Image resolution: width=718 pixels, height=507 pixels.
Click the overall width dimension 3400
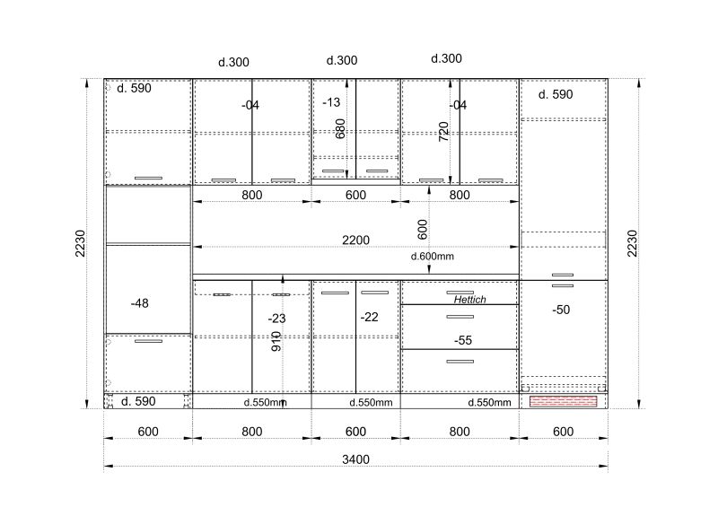coord(355,459)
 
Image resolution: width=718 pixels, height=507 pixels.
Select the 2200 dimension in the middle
coord(355,240)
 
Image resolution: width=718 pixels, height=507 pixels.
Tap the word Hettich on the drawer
coord(469,300)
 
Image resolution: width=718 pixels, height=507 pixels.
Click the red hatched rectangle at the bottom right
coord(564,402)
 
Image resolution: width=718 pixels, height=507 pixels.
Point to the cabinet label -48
coord(140,303)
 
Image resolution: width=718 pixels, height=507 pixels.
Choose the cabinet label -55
coord(463,340)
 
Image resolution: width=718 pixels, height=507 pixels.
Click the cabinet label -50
coord(561,310)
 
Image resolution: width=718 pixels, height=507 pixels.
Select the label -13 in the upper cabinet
coord(331,102)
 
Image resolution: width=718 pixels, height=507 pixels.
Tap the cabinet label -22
coord(370,317)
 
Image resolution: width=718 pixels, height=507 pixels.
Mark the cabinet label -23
coord(277,319)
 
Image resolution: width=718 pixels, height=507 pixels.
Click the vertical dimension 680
coord(340,128)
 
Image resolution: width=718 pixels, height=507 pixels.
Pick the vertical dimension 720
coord(443,131)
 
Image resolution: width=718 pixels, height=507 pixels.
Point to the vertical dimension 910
coord(276,342)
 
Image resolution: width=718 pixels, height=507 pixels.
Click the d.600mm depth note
coord(433,257)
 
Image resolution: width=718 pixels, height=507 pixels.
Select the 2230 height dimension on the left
coord(80,243)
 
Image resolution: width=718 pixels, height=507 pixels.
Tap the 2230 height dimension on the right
coord(632,243)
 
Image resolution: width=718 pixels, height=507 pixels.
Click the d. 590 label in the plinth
coord(138,401)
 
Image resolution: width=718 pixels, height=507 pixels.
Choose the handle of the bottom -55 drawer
coord(460,362)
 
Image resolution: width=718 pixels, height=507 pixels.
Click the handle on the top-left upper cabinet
coord(148,179)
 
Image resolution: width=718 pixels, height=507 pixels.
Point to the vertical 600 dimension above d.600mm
coord(422,230)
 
